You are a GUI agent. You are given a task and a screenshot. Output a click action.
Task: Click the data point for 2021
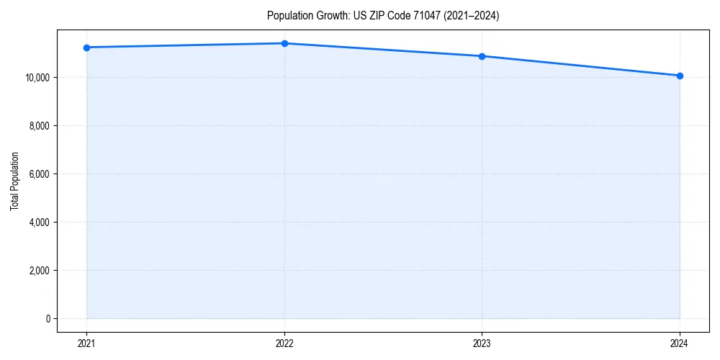tap(86, 48)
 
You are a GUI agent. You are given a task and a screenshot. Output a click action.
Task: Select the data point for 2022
tap(284, 43)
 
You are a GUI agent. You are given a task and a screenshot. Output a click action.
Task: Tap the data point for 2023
tap(482, 56)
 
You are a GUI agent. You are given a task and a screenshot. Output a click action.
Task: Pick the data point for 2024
tap(680, 76)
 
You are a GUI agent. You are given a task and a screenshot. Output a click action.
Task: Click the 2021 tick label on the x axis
tap(86, 343)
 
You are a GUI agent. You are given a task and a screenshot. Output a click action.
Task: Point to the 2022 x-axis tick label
tap(284, 343)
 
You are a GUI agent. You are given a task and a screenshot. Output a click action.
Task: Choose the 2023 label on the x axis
tap(482, 343)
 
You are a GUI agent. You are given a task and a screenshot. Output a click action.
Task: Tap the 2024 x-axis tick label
tap(680, 343)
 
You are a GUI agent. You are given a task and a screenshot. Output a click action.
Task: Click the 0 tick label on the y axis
tap(48, 319)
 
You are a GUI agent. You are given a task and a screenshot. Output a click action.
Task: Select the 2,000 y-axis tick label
tap(40, 271)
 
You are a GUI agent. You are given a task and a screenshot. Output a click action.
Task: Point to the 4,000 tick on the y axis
tap(40, 222)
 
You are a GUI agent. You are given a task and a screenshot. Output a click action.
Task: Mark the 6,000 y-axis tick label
tap(40, 174)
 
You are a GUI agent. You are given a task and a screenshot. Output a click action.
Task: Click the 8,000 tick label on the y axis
tap(40, 126)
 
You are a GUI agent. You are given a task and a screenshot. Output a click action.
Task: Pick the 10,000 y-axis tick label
tap(37, 78)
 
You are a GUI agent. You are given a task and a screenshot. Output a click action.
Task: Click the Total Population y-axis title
tap(14, 181)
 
